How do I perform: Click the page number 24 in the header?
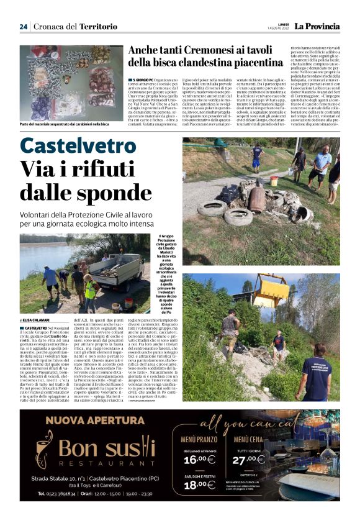pos(24,26)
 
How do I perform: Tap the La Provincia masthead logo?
pos(317,26)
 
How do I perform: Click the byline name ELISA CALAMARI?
pos(37,320)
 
